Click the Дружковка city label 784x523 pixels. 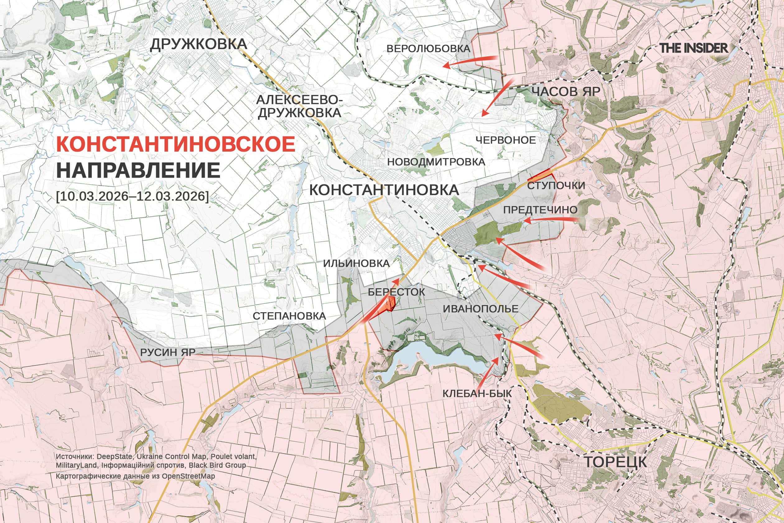[198, 44]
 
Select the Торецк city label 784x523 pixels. [615, 462]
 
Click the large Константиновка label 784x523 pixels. [384, 190]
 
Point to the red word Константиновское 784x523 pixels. [176, 144]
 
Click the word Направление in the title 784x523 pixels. [138, 170]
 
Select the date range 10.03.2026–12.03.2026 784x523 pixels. [132, 196]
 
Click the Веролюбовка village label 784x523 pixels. [428, 49]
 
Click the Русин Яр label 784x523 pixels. [168, 352]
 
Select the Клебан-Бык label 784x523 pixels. [477, 393]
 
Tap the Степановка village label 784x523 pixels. [289, 316]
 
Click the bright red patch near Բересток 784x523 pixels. [390, 304]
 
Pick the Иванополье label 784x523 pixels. [480, 309]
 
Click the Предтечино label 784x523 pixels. [540, 210]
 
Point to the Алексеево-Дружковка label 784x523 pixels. [299, 106]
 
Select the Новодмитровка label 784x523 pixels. [436, 162]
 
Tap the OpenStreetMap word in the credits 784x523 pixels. [188, 476]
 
